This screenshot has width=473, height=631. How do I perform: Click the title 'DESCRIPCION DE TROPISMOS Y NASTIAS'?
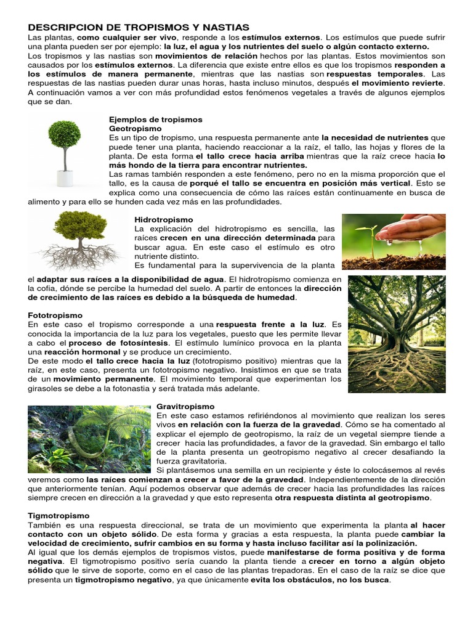(x=139, y=28)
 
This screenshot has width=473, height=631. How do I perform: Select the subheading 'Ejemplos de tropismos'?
(x=155, y=119)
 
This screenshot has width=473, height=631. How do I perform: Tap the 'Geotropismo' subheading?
(x=135, y=128)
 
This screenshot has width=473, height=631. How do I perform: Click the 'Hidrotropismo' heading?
(x=163, y=219)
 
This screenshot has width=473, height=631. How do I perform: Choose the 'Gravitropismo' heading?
(x=185, y=407)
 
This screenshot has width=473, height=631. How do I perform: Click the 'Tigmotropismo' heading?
(x=59, y=515)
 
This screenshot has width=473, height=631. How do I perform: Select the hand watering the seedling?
(x=412, y=227)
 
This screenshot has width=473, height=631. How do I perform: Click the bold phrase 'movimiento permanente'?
(x=111, y=380)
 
